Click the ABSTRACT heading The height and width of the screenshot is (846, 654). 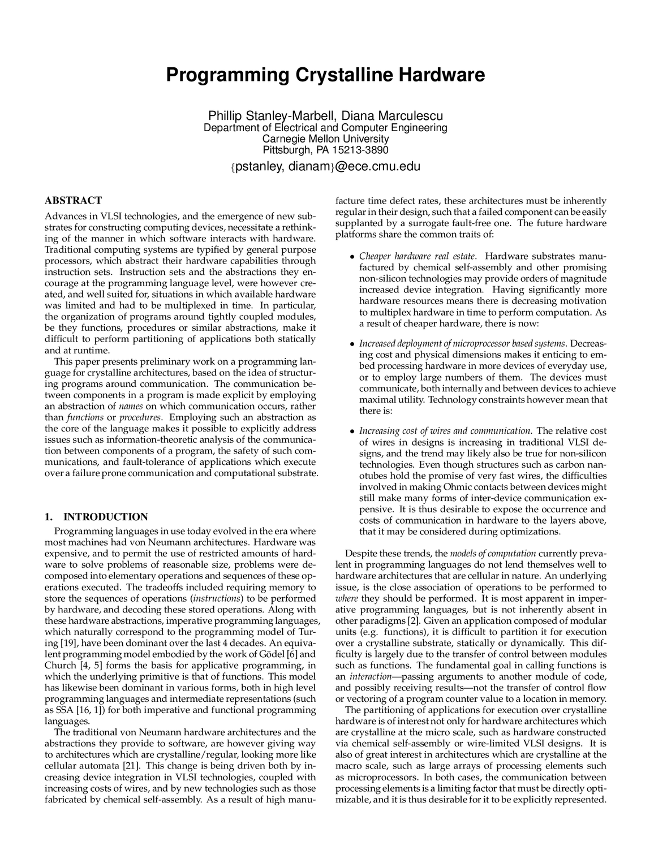(x=74, y=200)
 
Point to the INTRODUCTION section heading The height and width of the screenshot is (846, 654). (x=105, y=516)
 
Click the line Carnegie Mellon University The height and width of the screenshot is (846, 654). (x=325, y=139)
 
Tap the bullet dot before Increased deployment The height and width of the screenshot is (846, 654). (x=352, y=344)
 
